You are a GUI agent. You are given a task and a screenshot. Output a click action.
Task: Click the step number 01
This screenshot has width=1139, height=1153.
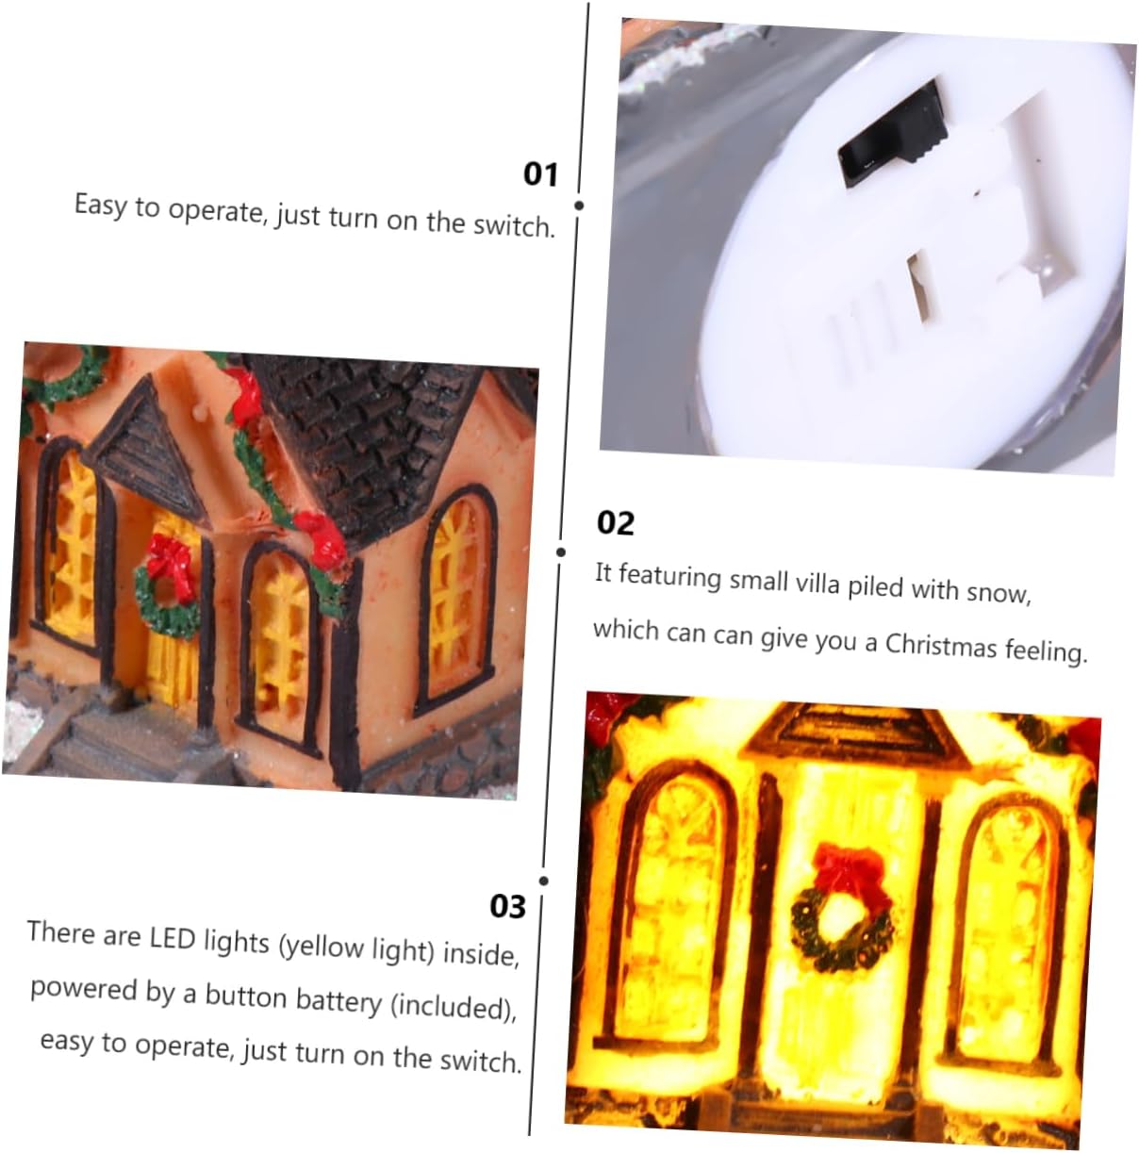[540, 174]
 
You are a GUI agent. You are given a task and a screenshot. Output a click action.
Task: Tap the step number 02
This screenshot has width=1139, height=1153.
[616, 523]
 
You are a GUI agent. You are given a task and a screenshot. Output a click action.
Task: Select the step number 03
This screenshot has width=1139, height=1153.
[507, 906]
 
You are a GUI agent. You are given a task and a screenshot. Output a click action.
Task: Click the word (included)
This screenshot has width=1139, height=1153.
[454, 1007]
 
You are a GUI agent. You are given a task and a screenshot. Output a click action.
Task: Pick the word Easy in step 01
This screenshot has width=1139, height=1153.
[101, 206]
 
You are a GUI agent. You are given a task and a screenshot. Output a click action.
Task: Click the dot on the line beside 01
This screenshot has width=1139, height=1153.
[578, 206]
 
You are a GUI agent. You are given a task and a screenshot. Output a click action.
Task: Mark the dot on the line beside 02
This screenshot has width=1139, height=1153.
[560, 552]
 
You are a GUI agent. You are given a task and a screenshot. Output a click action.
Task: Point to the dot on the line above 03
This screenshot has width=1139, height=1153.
[543, 881]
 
